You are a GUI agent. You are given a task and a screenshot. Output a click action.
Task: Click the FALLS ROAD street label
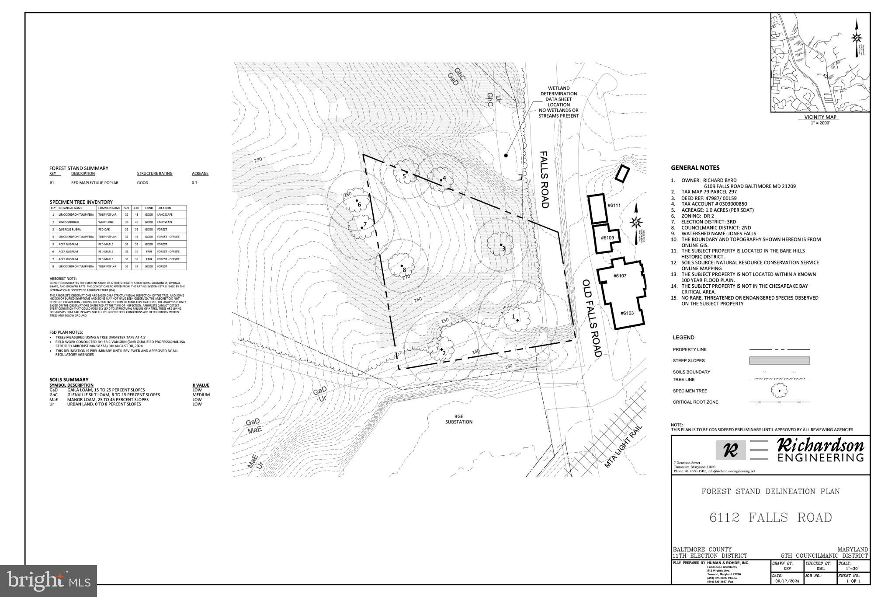[x=544, y=180]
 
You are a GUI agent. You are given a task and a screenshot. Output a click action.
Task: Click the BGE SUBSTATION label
[x=458, y=419]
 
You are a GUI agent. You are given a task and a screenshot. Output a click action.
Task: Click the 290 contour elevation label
[x=257, y=160]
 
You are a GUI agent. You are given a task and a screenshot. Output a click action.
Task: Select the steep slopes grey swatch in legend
[x=779, y=361]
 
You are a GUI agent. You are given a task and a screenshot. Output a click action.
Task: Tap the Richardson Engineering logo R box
[x=731, y=450]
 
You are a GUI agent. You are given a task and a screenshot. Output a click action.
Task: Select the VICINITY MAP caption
[x=819, y=117]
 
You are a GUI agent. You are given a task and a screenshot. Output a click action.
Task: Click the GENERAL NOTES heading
[x=695, y=168]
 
